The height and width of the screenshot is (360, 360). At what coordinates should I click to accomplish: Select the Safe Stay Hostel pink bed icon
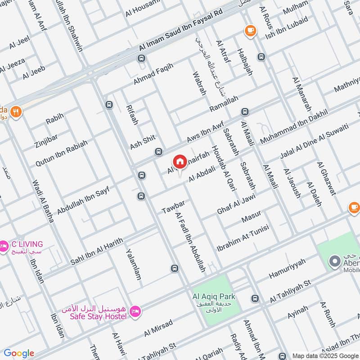135,311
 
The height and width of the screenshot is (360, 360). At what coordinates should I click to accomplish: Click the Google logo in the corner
19,353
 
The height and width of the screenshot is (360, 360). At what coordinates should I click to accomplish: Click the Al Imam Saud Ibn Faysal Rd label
181,31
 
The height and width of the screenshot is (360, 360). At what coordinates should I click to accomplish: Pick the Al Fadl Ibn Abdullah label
190,242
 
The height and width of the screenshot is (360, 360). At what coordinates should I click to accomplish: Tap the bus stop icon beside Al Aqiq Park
255,298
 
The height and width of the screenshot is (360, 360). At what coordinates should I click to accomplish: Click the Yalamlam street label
134,264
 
